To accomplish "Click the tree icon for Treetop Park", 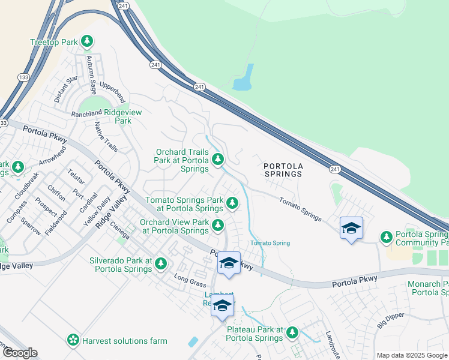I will [88, 41].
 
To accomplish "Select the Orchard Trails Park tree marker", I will [218, 159].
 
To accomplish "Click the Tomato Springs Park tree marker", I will [232, 203].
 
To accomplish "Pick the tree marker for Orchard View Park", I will [218, 225].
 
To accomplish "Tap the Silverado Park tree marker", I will [160, 263].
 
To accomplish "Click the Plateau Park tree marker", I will [292, 332].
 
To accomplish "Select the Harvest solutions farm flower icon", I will [73, 340].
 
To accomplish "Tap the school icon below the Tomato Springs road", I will [351, 229].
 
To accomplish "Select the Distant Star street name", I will [65, 89].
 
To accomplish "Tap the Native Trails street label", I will [106, 136].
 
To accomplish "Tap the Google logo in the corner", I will [19, 353].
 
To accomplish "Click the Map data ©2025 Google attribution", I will [412, 355].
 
